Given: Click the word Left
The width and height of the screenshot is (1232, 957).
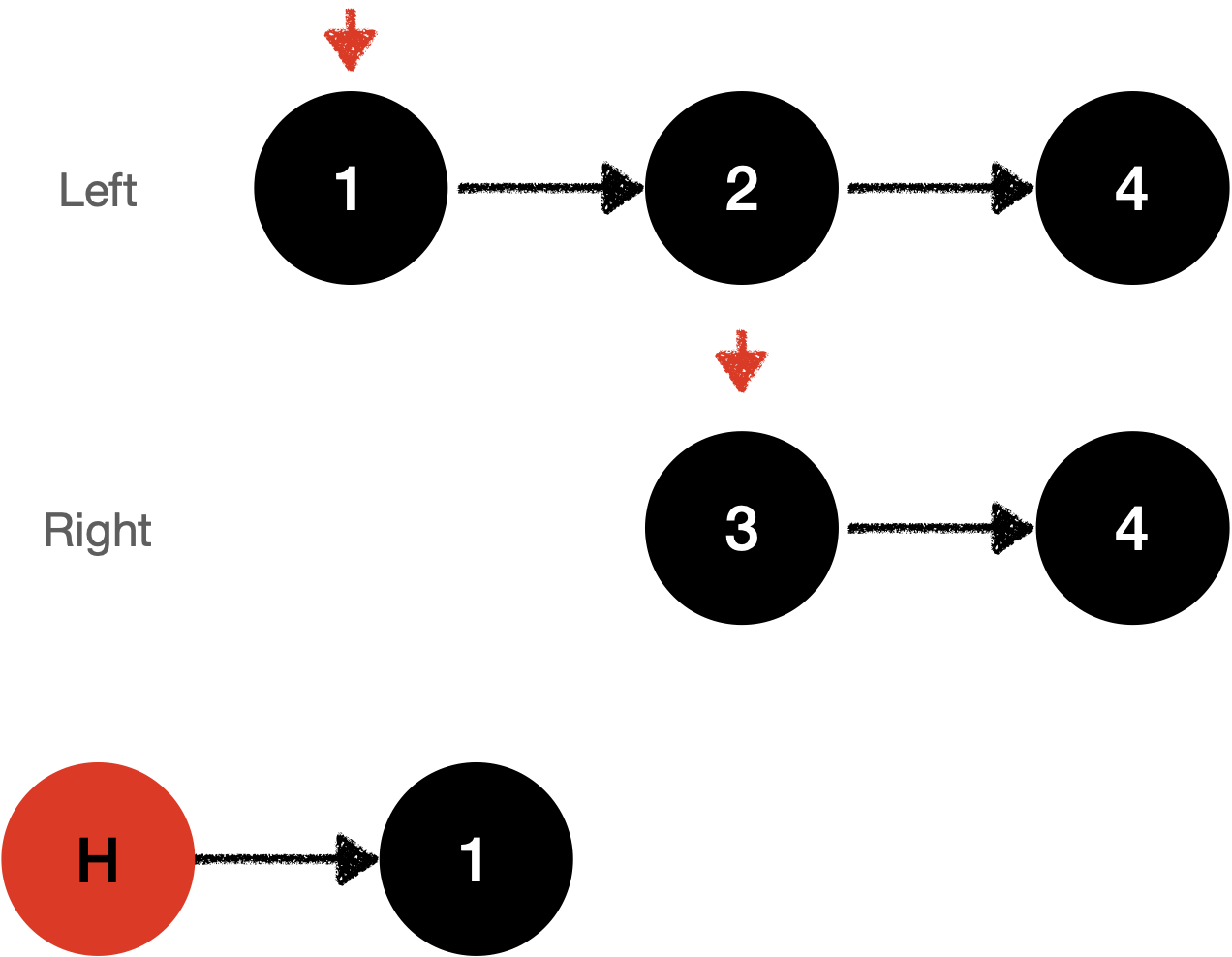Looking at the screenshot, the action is click(x=97, y=191).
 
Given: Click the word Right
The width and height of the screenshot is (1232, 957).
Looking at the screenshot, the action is click(x=97, y=531).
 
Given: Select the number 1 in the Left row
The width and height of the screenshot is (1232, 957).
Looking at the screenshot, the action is click(x=348, y=189).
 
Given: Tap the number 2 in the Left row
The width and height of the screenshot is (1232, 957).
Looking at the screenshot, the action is click(x=741, y=189).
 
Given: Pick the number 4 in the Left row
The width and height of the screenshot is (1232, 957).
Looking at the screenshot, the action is click(x=1130, y=189).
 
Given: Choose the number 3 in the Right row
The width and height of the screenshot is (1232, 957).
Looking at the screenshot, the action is click(x=741, y=529).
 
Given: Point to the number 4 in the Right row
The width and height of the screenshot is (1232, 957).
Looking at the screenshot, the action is click(x=1130, y=529).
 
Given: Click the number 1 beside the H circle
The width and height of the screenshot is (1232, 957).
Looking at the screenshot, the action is click(x=472, y=860).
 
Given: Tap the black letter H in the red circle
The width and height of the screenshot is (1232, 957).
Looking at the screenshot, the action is click(x=97, y=860).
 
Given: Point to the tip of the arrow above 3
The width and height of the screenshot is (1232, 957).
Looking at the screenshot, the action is click(x=741, y=391).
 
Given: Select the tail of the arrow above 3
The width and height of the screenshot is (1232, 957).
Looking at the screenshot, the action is click(x=741, y=332).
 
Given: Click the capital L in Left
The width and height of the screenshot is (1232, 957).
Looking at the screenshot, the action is click(x=69, y=191).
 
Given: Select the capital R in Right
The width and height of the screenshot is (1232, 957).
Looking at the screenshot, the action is click(x=55, y=530).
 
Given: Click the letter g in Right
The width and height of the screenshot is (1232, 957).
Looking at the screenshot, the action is click(x=99, y=536).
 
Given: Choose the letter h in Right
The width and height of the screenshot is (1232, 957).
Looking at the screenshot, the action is click(x=123, y=530).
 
